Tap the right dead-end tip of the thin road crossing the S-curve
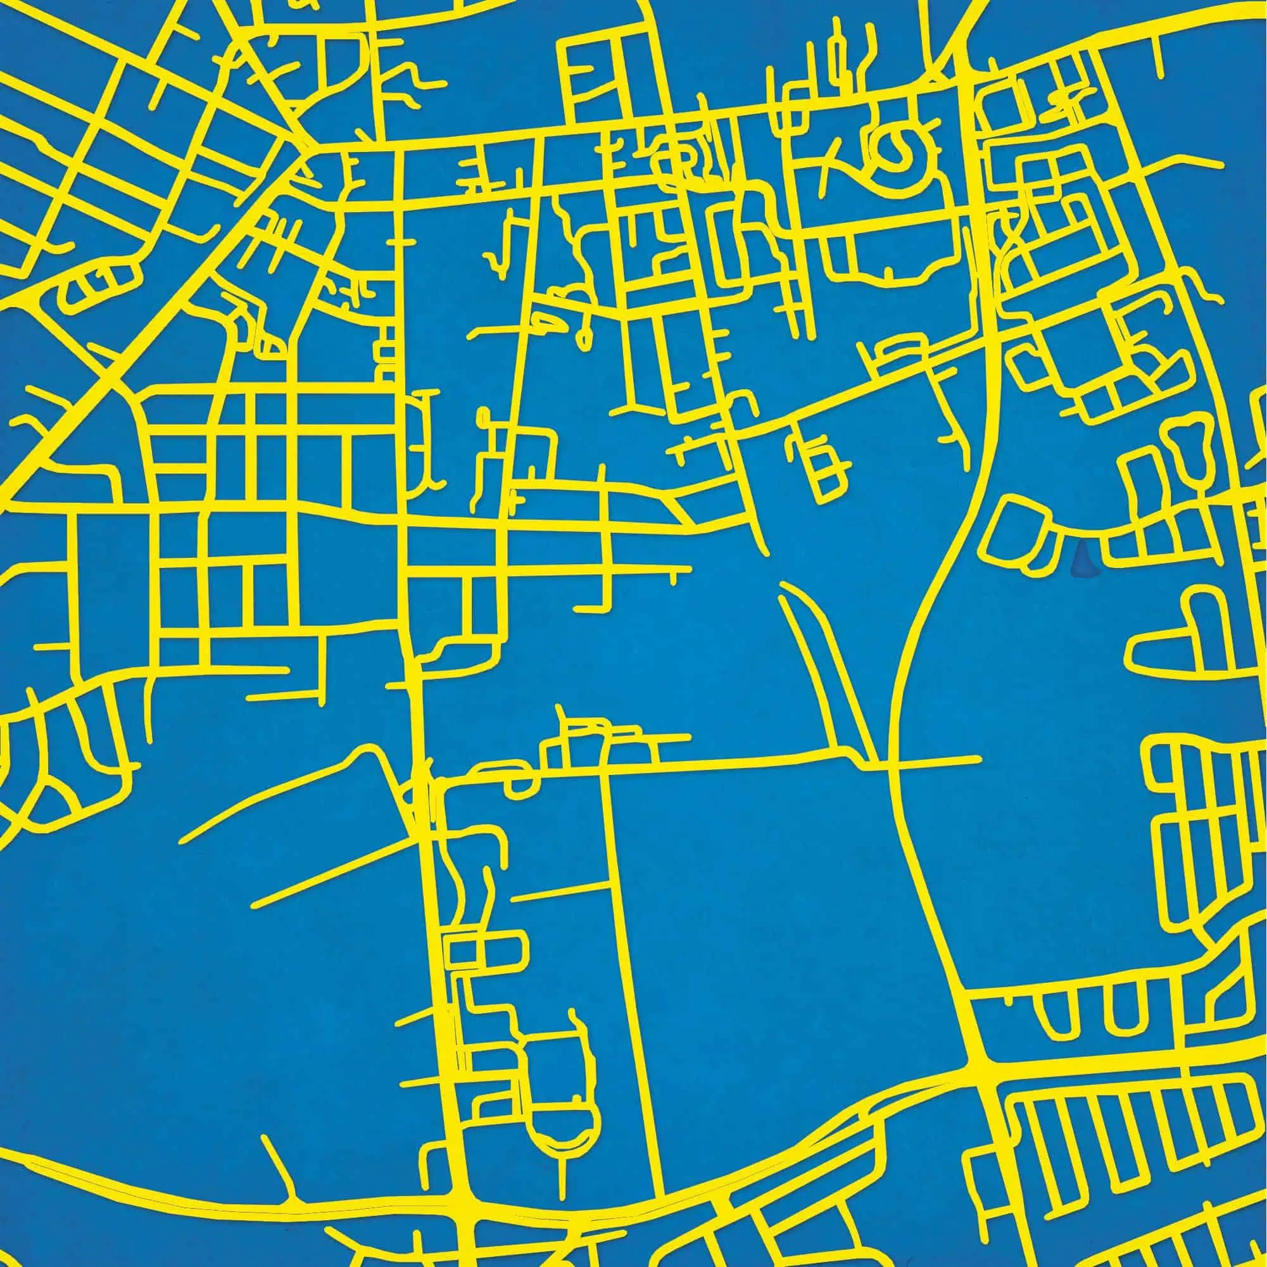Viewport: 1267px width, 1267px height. point(979,759)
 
